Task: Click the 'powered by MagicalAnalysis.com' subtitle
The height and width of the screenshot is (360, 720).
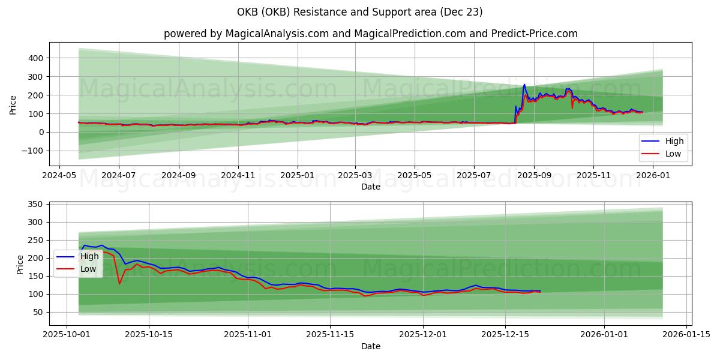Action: click(x=370, y=34)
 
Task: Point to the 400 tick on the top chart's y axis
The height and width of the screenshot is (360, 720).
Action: click(x=34, y=58)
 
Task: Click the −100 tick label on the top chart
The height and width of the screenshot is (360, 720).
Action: click(x=32, y=151)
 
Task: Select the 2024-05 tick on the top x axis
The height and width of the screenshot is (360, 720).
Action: click(x=59, y=175)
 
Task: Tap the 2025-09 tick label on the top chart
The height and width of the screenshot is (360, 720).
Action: click(x=533, y=175)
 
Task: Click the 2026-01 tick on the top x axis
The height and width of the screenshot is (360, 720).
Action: click(x=652, y=175)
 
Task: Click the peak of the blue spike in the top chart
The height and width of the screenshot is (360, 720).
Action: click(x=524, y=85)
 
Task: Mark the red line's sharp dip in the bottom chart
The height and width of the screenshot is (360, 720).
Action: click(x=119, y=284)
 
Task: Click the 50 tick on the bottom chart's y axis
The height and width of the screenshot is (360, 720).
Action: click(x=37, y=312)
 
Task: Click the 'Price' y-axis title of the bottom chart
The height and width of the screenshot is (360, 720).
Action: click(x=21, y=264)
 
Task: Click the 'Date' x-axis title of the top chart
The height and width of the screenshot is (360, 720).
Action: click(x=370, y=187)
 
